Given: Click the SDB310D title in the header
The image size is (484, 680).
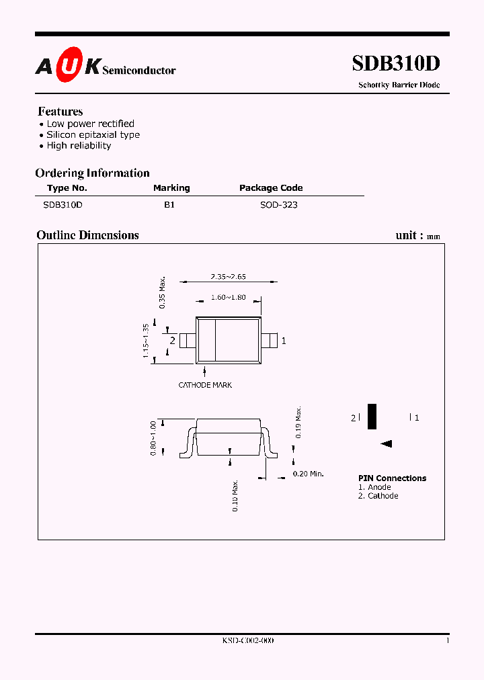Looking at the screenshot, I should point(396,63).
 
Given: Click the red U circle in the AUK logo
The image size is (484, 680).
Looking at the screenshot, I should point(69,67).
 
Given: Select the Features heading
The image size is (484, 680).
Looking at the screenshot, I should point(61,112).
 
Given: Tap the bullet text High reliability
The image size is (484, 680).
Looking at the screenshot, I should point(79,145).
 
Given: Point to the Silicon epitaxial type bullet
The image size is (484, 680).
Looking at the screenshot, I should point(93,134).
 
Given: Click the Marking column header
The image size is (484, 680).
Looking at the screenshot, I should point(171,188).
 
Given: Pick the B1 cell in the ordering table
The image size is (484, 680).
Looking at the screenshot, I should point(169,204).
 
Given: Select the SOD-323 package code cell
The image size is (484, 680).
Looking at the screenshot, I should point(279,204).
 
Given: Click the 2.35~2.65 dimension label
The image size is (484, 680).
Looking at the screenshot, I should point(227,277).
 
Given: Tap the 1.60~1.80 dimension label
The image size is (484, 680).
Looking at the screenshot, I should point(228,297).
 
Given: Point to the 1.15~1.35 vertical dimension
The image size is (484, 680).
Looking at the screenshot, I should point(146,341).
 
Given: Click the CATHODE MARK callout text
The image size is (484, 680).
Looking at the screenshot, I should point(205,385).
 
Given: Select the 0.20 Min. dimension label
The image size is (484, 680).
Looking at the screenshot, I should point(309,474).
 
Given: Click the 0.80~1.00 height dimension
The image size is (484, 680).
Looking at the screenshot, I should point(153,438).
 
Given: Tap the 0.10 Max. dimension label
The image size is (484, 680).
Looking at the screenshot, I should point(235,496).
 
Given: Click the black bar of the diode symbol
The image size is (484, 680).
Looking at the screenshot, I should point(372,417).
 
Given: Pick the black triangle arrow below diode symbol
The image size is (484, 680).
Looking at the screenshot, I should point(386,443).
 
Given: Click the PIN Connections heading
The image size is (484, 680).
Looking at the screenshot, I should point(392,478).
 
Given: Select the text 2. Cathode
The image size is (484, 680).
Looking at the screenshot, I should point(378,496).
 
